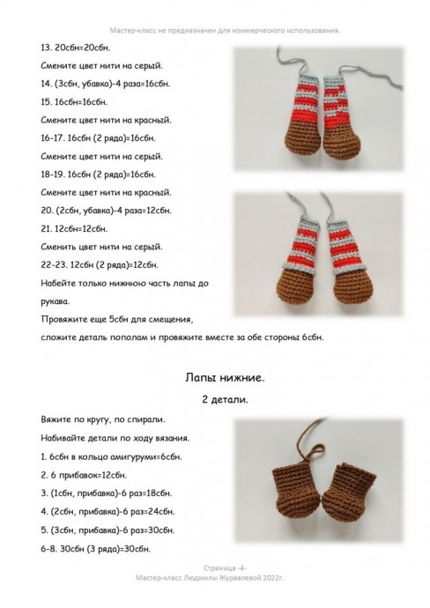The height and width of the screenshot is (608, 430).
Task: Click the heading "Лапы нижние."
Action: click(x=225, y=378)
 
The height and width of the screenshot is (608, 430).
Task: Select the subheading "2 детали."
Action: click(x=225, y=399)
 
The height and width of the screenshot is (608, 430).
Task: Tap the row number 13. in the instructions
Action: click(x=47, y=48)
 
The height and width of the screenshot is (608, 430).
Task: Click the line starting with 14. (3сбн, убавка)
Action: click(x=105, y=84)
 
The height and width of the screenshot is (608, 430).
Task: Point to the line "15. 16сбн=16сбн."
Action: click(x=74, y=102)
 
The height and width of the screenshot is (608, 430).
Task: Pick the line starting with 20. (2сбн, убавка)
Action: click(x=106, y=211)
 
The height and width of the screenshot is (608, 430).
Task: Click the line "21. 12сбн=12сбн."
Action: click(x=74, y=229)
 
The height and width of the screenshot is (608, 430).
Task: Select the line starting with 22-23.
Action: click(x=100, y=265)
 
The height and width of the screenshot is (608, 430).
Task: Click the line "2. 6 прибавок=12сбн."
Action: click(x=84, y=475)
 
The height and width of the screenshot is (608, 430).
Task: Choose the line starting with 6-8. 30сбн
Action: click(x=96, y=549)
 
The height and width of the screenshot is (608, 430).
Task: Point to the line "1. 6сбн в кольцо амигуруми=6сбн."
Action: click(x=111, y=456)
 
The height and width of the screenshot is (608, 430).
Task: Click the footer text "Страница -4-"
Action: click(x=226, y=568)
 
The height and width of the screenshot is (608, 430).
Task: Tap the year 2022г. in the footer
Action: click(x=273, y=578)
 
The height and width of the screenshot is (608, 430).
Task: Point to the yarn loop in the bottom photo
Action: click(x=314, y=452)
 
